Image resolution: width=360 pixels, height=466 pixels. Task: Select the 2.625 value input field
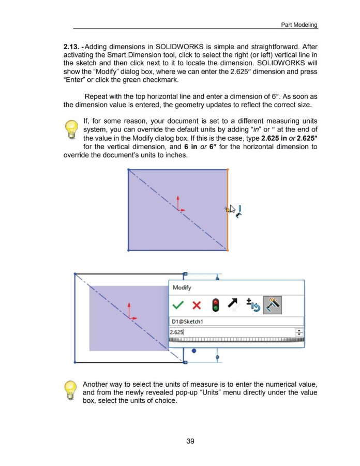point(233,334)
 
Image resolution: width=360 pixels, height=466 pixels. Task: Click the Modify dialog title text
point(182,288)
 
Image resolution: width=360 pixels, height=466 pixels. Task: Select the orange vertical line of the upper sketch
point(228,210)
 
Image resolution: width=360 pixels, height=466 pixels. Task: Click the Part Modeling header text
point(299,25)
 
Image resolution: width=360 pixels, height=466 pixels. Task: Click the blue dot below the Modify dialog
point(194,351)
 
